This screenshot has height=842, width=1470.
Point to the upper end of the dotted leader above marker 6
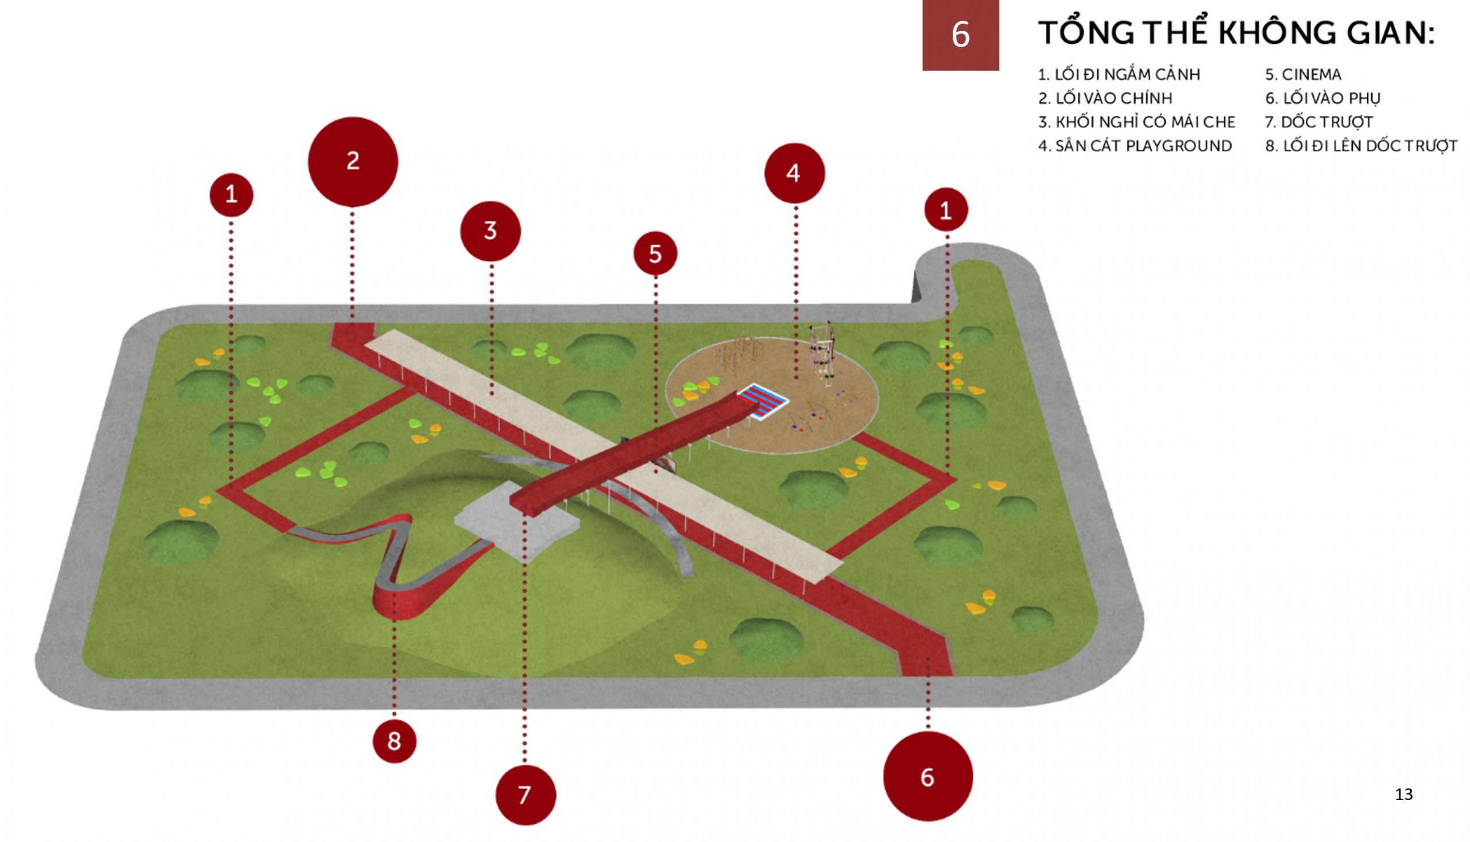tap(929, 659)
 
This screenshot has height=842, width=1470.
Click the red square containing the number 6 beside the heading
tap(960, 35)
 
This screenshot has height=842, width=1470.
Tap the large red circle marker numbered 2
tap(353, 162)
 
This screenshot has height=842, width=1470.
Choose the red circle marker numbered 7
tap(525, 795)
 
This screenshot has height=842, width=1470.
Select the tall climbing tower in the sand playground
tap(823, 353)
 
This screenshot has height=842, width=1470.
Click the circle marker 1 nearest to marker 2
tap(231, 195)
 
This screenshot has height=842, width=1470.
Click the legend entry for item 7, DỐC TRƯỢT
tap(1318, 122)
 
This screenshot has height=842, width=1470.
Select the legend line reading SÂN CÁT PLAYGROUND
tap(1135, 146)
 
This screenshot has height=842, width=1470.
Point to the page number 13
tap(1403, 794)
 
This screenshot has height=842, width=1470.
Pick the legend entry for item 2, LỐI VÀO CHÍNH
tap(1105, 98)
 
